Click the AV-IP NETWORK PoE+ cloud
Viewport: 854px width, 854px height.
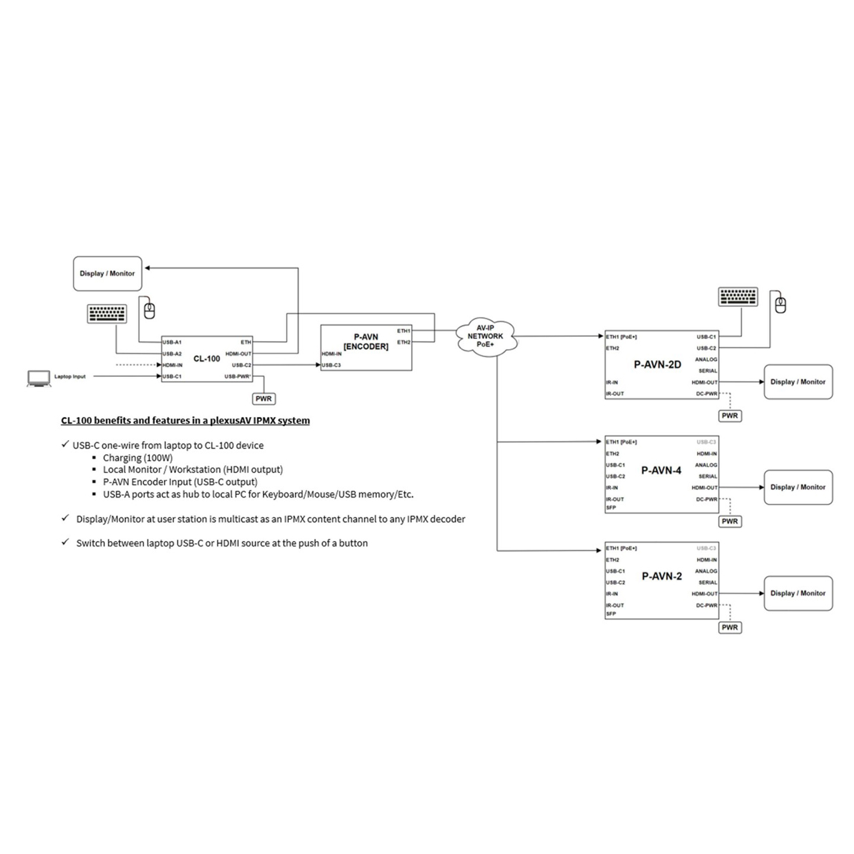coord(485,336)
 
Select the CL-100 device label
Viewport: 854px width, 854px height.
coord(207,359)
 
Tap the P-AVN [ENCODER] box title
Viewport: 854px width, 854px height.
coord(366,342)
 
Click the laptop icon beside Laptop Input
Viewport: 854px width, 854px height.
coord(37,378)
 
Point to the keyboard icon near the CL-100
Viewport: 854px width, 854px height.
coord(107,314)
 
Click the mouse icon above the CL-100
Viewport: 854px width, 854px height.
coord(150,310)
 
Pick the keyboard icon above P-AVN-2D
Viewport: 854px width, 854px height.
coord(738,297)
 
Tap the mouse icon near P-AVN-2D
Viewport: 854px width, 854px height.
coord(780,305)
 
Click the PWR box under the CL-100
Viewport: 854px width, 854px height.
coord(264,399)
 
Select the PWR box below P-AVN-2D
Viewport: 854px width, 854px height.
coord(730,416)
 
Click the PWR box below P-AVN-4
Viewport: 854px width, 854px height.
coord(730,522)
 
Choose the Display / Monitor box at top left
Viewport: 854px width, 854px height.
coord(107,274)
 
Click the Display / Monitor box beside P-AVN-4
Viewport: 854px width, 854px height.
coord(798,488)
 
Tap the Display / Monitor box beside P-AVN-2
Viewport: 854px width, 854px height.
coord(798,594)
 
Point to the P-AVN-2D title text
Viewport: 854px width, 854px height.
coord(657,364)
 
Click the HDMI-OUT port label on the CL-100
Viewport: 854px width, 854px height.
coord(238,354)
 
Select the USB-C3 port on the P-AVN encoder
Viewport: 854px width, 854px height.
coord(332,365)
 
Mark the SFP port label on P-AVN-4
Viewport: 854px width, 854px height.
coord(611,508)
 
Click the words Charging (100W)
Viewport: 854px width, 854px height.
coord(137,458)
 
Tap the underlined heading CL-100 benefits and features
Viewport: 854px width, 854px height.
coord(185,420)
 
